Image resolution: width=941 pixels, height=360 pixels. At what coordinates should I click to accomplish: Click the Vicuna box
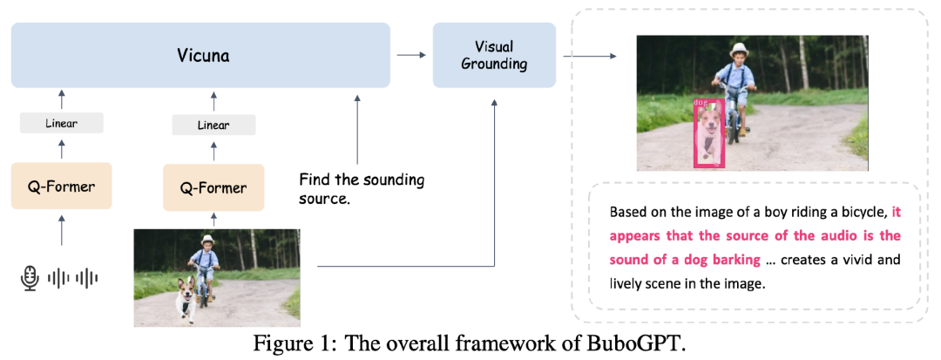pyautogui.click(x=200, y=55)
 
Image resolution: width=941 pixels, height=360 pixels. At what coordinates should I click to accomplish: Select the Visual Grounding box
pyautogui.click(x=494, y=55)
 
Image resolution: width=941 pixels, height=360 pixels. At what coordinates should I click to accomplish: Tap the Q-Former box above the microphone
pyautogui.click(x=61, y=186)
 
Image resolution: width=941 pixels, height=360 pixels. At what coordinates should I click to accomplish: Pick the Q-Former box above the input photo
pyautogui.click(x=213, y=187)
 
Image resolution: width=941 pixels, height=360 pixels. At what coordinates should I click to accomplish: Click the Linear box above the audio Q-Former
pyautogui.click(x=61, y=124)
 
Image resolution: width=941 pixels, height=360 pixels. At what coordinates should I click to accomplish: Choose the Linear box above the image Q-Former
pyautogui.click(x=213, y=126)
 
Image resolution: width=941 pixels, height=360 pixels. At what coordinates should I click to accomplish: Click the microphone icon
pyautogui.click(x=30, y=278)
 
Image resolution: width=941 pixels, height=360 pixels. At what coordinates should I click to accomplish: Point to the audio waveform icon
pyautogui.click(x=72, y=278)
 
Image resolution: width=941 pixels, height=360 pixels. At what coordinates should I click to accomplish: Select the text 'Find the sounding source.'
pyautogui.click(x=361, y=189)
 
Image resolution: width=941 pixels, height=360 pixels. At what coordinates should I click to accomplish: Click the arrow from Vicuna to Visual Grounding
pyautogui.click(x=411, y=55)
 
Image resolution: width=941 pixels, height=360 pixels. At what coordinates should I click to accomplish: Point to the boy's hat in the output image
pyautogui.click(x=741, y=50)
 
